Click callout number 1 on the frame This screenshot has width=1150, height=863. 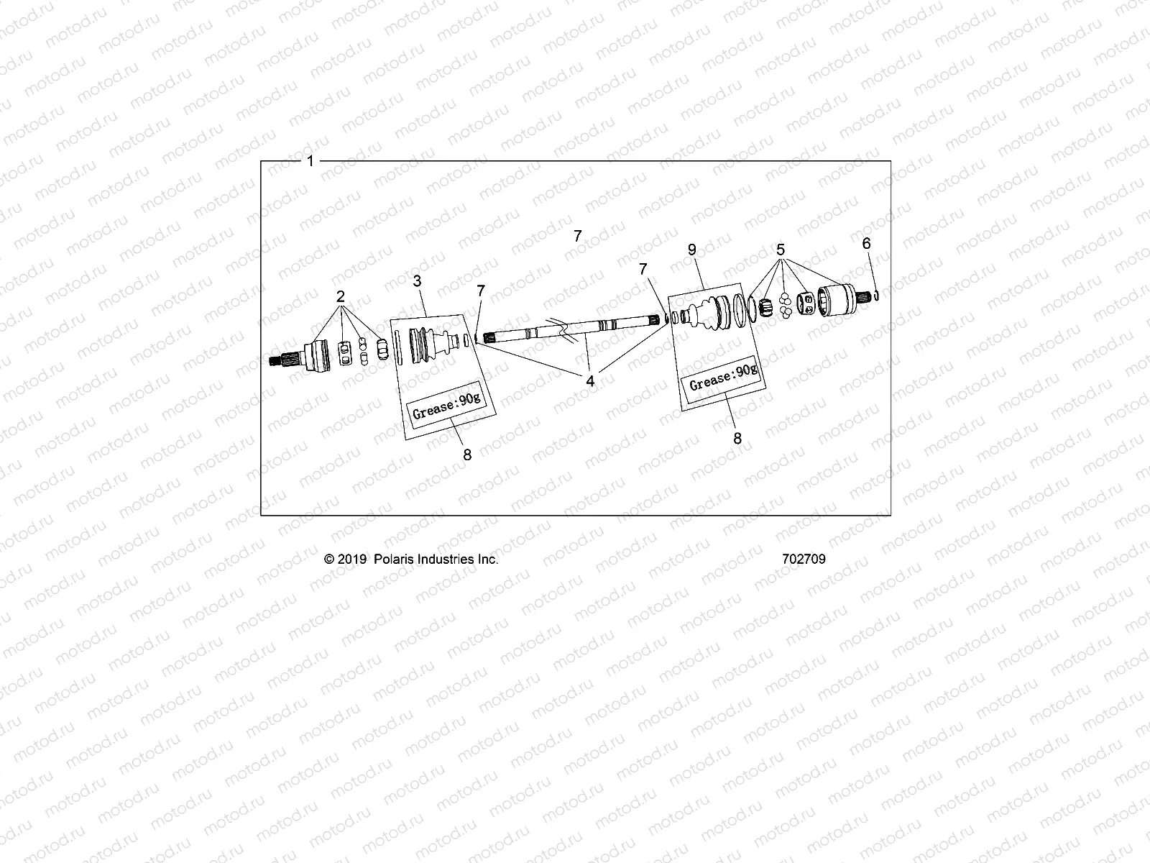[310, 162]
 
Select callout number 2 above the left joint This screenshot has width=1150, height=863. [341, 296]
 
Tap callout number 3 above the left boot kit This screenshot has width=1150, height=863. [418, 281]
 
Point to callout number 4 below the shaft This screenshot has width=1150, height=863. [590, 382]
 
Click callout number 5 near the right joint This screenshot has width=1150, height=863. [781, 250]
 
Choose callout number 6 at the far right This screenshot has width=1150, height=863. [866, 244]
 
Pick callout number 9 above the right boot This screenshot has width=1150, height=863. [691, 250]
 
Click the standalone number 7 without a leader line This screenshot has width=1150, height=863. [578, 235]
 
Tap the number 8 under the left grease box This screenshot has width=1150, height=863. [467, 455]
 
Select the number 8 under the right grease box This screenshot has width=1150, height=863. [737, 437]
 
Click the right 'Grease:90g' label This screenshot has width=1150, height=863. [722, 375]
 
